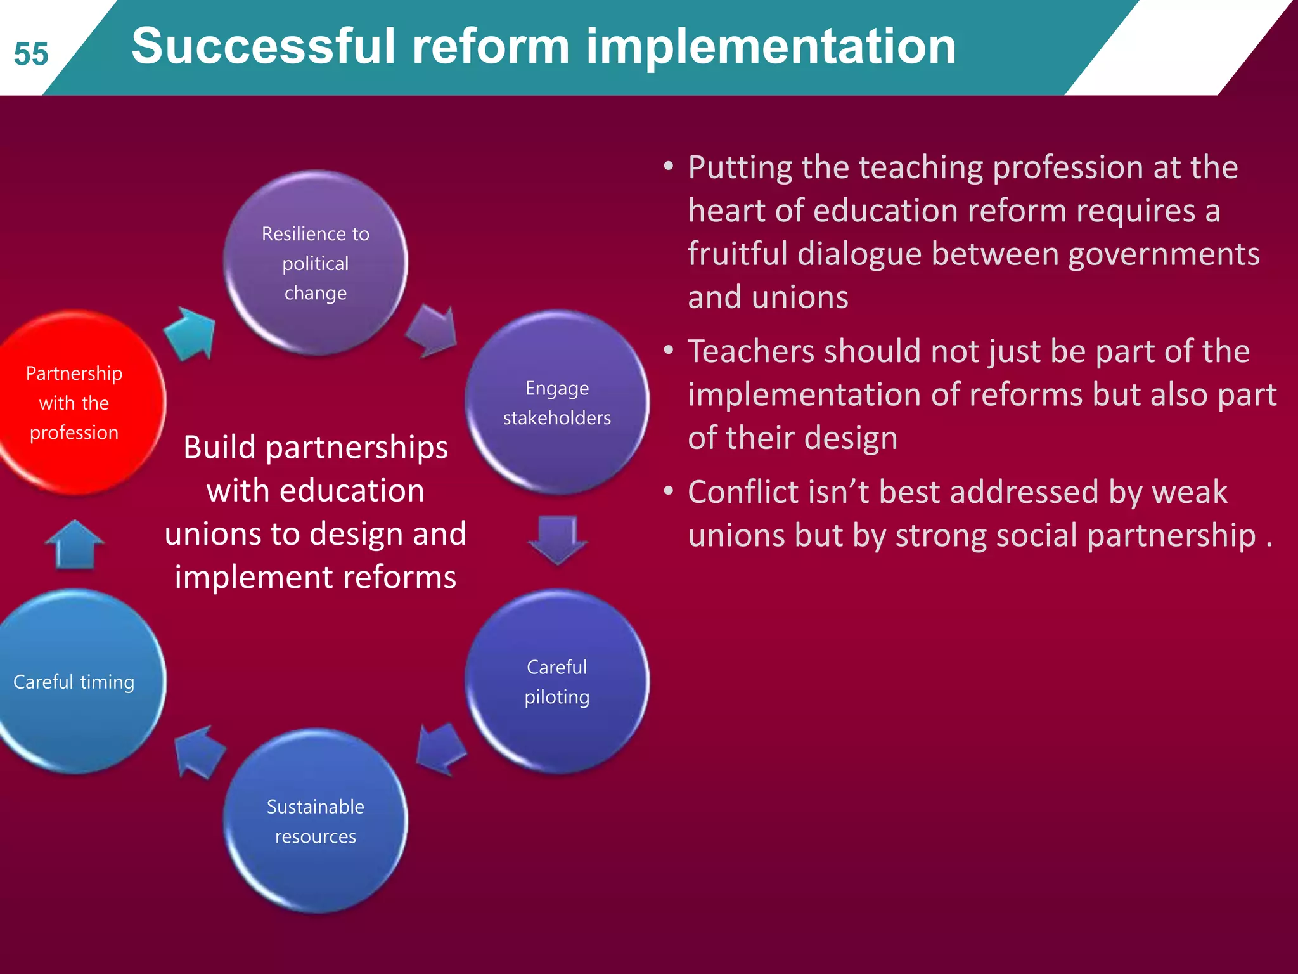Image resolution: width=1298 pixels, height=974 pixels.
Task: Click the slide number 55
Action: point(31,55)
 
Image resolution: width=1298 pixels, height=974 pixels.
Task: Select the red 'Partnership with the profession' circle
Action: point(75,403)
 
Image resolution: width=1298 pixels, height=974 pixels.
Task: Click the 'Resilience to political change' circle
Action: point(316,263)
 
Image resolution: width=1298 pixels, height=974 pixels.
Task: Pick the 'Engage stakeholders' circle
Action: point(557,403)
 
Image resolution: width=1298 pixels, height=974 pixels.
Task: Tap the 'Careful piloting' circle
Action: point(557,682)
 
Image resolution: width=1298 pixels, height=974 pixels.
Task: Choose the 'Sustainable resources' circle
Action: point(316,821)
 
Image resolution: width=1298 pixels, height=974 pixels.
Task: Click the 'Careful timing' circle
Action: point(75,682)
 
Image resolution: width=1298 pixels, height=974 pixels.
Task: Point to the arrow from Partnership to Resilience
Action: point(190,333)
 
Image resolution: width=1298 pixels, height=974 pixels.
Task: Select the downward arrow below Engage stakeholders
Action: point(557,539)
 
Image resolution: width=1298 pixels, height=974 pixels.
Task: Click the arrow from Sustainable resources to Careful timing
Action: point(199,751)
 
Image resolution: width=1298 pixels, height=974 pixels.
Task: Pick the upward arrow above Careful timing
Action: point(75,544)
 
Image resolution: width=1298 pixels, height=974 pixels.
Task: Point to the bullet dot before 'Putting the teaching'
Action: point(669,167)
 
